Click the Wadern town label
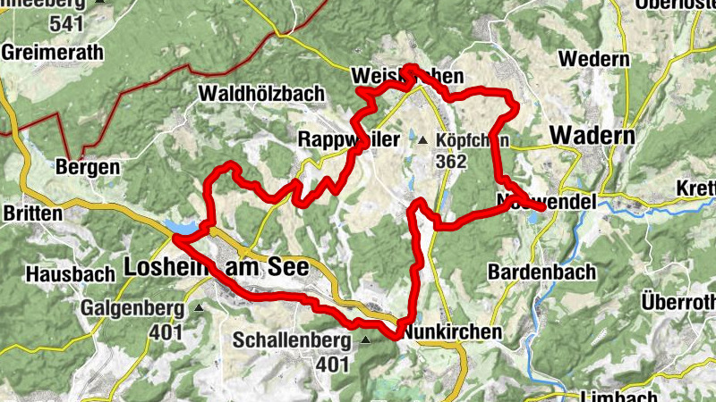tap(592, 135)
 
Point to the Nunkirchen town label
tap(452, 331)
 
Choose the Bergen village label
tap(87, 167)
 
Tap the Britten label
tap(33, 214)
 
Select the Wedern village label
tap(594, 59)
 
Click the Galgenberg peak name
tap(132, 308)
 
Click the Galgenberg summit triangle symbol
tap(199, 308)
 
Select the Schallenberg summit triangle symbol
tap(365, 340)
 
